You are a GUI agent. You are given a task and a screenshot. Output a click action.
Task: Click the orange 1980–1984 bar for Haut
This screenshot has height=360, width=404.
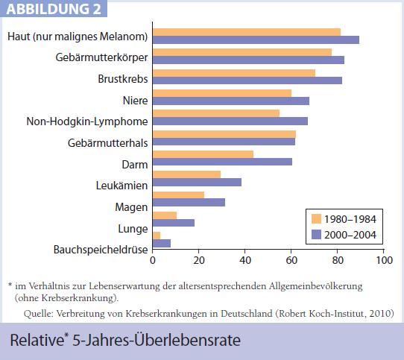click(247, 32)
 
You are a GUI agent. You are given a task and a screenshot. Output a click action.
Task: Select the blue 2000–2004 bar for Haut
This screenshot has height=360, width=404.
click(256, 40)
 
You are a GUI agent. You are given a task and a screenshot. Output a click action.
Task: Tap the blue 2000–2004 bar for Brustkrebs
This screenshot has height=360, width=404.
click(247, 80)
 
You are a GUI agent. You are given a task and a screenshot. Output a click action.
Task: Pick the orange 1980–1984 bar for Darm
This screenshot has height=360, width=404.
click(203, 154)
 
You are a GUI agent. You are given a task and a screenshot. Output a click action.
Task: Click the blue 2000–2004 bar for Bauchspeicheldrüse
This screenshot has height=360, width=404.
click(162, 243)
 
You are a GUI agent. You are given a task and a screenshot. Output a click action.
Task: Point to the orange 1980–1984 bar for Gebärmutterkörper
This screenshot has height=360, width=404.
click(242, 52)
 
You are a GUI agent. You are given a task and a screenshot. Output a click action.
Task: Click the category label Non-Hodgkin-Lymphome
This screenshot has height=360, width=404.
click(87, 121)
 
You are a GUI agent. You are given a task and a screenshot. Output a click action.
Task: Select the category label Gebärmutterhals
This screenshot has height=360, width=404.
click(107, 143)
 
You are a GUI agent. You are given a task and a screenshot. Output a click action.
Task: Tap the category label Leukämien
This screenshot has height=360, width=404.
click(121, 186)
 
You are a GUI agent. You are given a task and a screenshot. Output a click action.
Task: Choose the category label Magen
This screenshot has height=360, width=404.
click(131, 207)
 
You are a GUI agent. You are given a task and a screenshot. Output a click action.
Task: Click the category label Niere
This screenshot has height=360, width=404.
click(135, 100)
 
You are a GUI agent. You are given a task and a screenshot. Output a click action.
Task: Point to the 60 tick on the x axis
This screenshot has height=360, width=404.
click(291, 250)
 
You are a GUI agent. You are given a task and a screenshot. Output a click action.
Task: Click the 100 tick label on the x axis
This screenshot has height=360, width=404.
click(384, 260)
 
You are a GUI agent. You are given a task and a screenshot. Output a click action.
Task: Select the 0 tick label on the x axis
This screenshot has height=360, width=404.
click(153, 260)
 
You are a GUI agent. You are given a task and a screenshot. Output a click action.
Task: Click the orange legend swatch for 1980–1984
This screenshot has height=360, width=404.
click(316, 219)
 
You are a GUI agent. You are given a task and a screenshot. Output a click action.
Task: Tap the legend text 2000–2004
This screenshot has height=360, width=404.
click(350, 235)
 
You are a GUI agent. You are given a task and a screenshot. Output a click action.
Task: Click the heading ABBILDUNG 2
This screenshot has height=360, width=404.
click(54, 9)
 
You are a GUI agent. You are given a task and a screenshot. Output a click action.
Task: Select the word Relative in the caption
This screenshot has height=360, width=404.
click(37, 340)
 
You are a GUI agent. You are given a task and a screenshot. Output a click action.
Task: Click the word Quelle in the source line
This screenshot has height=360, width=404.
click(39, 314)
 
